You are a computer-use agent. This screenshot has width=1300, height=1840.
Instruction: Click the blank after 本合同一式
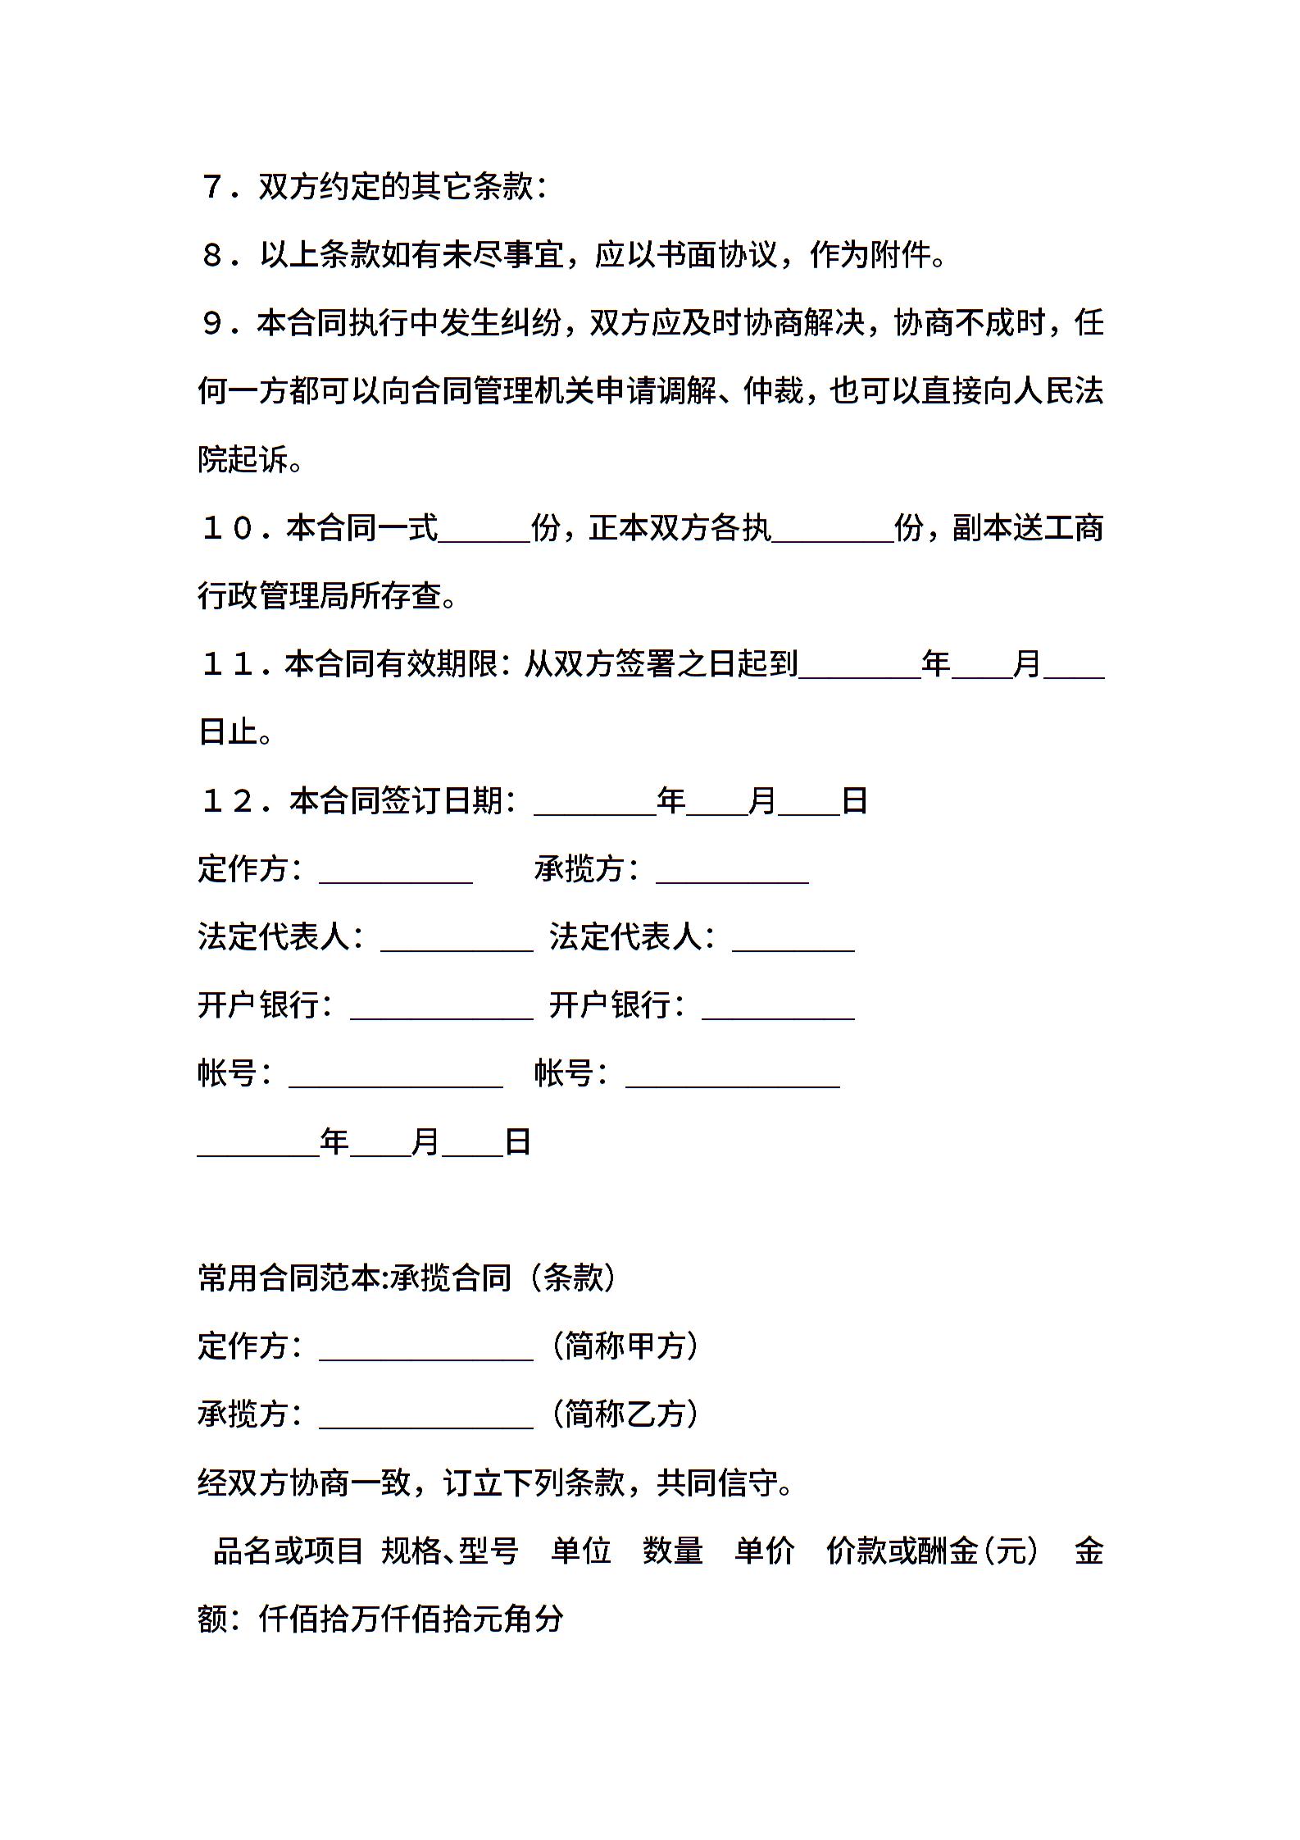(484, 529)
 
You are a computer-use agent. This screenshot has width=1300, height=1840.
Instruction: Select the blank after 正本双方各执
(832, 529)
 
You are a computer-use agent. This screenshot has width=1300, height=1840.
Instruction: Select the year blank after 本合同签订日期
(594, 802)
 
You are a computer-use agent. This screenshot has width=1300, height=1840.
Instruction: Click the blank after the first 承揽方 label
(732, 870)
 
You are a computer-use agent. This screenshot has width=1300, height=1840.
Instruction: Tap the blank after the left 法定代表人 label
(457, 938)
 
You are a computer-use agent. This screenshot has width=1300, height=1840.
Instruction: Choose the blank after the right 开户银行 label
(778, 1006)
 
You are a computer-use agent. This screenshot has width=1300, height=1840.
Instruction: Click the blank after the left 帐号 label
(396, 1074)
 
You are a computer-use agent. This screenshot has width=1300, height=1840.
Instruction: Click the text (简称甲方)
(625, 1346)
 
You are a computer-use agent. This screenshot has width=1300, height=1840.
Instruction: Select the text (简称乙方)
(625, 1414)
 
